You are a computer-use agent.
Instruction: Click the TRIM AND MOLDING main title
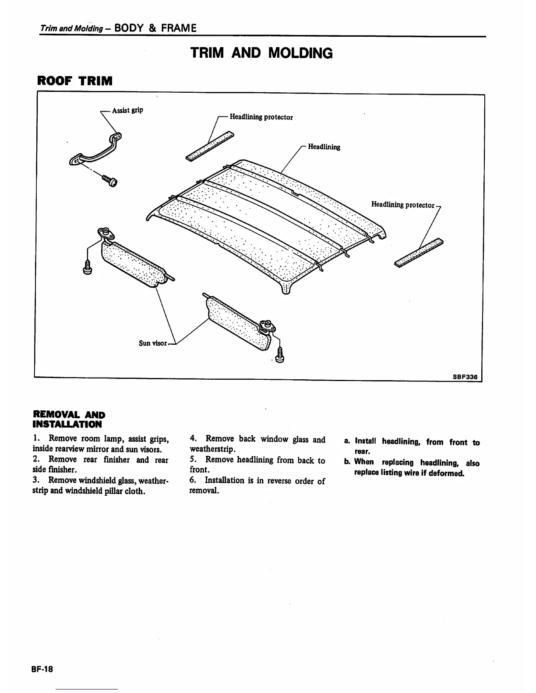click(261, 53)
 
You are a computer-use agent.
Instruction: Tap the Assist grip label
click(127, 110)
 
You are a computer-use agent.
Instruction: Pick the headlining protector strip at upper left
click(209, 146)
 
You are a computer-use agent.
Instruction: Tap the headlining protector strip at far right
click(419, 253)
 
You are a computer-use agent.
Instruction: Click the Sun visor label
click(153, 343)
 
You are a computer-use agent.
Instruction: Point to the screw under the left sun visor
click(87, 267)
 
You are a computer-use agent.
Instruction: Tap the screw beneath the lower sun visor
click(281, 353)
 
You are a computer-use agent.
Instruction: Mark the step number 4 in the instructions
click(193, 439)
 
